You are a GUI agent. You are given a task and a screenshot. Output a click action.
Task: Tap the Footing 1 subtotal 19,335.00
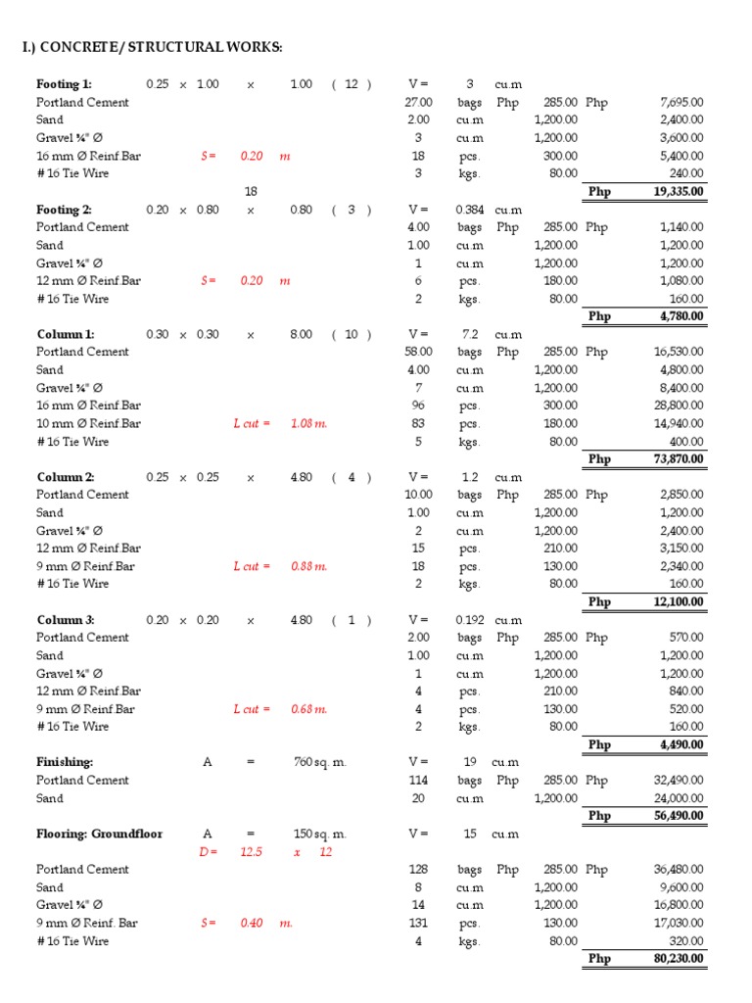[679, 192]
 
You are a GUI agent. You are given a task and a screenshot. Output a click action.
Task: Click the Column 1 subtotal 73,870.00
[679, 459]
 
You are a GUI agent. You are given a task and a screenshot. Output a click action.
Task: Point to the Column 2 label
[66, 477]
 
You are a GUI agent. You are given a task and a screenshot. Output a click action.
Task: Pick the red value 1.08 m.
[308, 424]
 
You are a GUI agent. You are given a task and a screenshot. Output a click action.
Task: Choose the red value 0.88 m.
[308, 566]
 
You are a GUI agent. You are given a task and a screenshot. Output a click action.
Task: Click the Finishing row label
[64, 762]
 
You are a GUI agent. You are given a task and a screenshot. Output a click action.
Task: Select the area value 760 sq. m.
[320, 762]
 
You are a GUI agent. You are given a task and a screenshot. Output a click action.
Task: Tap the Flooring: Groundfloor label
[100, 834]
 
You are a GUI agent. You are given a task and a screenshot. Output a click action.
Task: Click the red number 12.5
[252, 852]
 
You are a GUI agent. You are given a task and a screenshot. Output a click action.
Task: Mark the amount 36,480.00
[682, 870]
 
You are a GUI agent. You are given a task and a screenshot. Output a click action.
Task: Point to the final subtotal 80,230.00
[679, 959]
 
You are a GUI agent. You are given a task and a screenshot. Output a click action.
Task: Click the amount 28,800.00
[682, 406]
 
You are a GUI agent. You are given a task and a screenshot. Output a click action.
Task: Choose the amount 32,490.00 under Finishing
[682, 781]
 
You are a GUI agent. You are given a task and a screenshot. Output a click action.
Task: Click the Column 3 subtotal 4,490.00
[682, 744]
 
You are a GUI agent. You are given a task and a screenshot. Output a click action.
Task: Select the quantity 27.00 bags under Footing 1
[418, 102]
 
